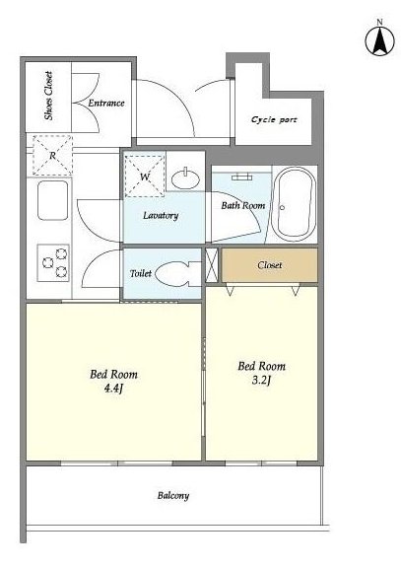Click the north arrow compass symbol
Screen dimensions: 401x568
[x=379, y=41]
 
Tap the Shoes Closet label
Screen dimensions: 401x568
[x=48, y=96]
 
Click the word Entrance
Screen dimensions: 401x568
[x=106, y=103]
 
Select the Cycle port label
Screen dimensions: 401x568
[x=274, y=119]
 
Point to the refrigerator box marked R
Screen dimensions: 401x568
[x=52, y=155]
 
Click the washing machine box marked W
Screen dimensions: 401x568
[x=145, y=177]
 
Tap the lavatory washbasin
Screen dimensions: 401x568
[x=185, y=178]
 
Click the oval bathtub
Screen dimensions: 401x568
[x=294, y=204]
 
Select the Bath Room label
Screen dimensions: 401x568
[x=243, y=205]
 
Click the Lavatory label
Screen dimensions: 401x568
[x=161, y=216]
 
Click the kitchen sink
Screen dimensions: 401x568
[x=52, y=200]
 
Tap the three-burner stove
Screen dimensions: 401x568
[x=53, y=262]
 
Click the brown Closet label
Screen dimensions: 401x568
[x=270, y=265]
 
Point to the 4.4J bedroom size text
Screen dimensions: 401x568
[x=113, y=390]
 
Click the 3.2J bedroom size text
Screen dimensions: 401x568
[x=261, y=381]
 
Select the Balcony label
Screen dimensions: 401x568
[x=173, y=496]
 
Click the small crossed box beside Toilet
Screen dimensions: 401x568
[x=212, y=265]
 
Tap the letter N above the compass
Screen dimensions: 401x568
[x=379, y=22]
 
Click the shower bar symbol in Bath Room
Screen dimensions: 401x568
[x=242, y=177]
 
